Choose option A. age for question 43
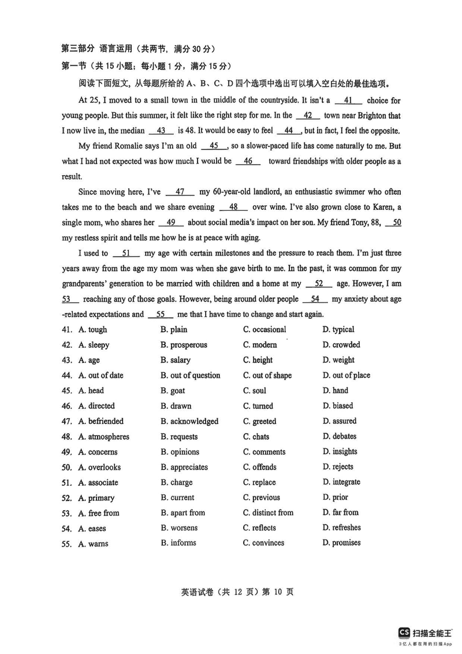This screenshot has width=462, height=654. point(89,361)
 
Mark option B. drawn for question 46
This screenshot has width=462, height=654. point(176,406)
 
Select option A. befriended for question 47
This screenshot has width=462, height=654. point(101,422)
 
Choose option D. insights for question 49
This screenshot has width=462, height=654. point(340,452)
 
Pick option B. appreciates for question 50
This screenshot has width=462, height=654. point(184,467)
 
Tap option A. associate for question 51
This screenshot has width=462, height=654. point(98,483)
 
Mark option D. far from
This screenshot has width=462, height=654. point(341,512)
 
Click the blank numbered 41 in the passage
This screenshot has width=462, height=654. point(348,101)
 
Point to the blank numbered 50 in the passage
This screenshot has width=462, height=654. point(393,222)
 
